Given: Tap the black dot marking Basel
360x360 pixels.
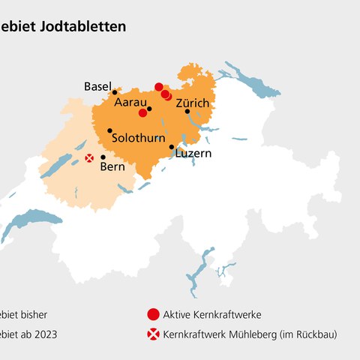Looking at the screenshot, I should (115, 92).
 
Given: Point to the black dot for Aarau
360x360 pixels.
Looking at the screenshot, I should (149, 109).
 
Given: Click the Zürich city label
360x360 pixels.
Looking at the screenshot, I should (193, 101).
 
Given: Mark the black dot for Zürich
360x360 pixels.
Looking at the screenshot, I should (187, 111).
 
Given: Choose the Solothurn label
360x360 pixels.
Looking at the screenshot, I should (139, 139).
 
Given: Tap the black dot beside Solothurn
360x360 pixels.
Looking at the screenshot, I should (110, 130).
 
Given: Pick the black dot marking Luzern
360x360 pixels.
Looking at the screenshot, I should (172, 147).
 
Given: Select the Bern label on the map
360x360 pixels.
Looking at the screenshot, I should (112, 166).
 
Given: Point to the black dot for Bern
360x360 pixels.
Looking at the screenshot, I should (103, 157).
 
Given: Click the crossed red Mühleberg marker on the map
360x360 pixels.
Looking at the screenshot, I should (89, 157).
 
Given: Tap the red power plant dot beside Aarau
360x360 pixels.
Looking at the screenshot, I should (142, 112).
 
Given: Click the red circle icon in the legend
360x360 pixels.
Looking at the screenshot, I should (153, 313).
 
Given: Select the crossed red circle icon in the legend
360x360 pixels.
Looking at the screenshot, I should (153, 334).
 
